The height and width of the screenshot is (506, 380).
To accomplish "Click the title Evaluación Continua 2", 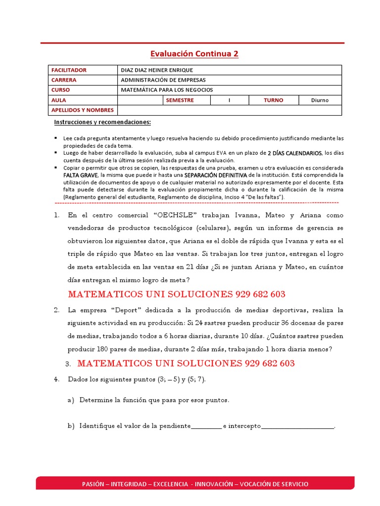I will [x=194, y=53].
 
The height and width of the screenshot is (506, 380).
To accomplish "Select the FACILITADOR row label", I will [x=69, y=70].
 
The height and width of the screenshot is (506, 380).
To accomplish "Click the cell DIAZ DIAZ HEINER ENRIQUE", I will [x=157, y=70].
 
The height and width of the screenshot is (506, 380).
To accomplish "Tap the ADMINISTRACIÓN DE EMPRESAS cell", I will [x=163, y=80].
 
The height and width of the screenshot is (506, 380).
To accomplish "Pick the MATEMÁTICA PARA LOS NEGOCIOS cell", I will [x=167, y=90].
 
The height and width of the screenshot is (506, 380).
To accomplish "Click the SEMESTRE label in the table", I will [x=180, y=100].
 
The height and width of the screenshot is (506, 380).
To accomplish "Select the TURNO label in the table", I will [x=273, y=100].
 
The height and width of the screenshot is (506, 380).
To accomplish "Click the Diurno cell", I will [x=320, y=100].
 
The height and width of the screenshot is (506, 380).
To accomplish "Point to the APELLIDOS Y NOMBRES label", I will [x=82, y=110].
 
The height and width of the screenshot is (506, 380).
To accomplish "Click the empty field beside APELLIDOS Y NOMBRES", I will [x=229, y=110].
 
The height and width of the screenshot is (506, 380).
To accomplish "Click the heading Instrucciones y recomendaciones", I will [x=102, y=122].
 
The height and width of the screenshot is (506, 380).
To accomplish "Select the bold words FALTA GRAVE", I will [x=80, y=175].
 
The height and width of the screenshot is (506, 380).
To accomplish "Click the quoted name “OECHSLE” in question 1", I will [x=176, y=215].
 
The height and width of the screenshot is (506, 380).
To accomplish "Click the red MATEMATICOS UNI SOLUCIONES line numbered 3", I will [x=186, y=364].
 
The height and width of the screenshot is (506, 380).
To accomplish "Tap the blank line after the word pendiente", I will [x=206, y=426].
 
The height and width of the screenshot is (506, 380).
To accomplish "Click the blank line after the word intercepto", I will [x=297, y=426].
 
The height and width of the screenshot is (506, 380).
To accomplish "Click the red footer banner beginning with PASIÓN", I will [x=195, y=484].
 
